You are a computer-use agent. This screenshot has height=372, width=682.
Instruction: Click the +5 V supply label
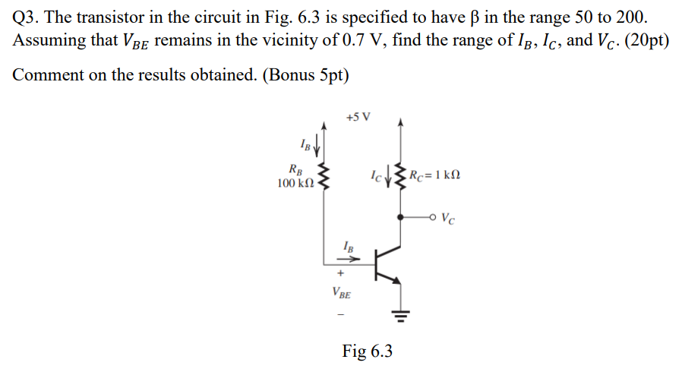coord(358,118)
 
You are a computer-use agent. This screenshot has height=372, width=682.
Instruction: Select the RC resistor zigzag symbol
coord(401,177)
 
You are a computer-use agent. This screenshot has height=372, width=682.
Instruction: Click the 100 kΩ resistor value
coord(296,183)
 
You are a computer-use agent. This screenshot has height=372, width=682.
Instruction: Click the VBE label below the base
coord(341,292)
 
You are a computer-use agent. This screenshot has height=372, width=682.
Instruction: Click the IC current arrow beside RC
coord(389,178)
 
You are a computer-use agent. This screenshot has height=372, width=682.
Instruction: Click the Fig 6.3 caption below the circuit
coord(367,350)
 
